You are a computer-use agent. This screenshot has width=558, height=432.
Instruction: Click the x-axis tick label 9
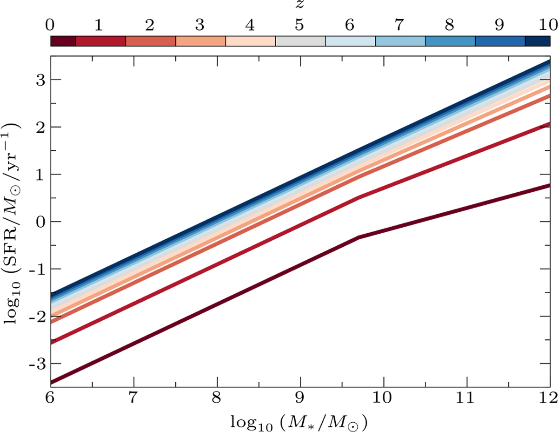click(300, 398)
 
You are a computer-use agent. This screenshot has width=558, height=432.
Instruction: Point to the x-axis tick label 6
click(51, 398)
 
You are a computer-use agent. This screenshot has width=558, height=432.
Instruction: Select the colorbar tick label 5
click(300, 24)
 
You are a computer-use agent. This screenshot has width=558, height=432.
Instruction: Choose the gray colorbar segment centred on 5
click(300, 41)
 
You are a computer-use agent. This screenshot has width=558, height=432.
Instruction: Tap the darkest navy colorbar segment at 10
click(538, 41)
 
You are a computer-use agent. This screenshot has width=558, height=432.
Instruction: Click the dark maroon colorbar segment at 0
click(63, 41)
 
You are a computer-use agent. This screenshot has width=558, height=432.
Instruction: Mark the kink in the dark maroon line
click(359, 237)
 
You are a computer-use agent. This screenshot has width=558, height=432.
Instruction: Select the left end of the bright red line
click(51, 343)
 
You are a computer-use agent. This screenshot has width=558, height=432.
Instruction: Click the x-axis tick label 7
click(134, 398)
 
